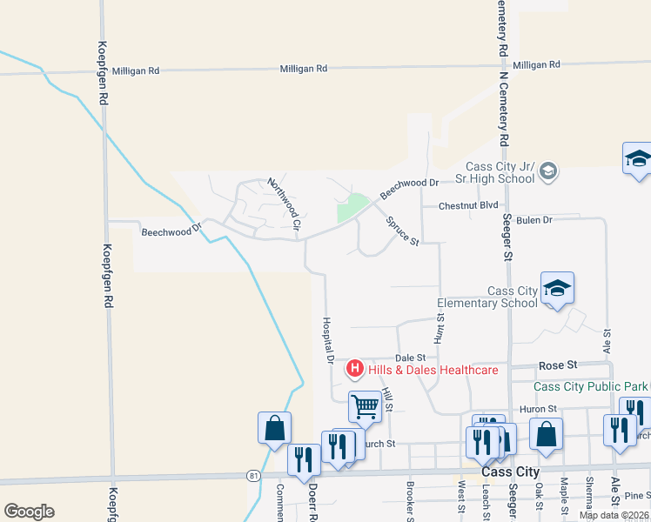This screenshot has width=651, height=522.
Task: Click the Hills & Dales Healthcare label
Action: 433,370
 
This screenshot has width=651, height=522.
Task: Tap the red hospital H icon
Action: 355,370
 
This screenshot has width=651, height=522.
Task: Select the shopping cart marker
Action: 365,405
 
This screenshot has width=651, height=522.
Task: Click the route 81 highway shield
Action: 252,475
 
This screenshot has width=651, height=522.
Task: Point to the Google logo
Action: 29,512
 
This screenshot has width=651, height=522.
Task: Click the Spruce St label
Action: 403,231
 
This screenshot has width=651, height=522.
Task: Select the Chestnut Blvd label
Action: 468,206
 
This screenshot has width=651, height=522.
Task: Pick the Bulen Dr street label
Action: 534,220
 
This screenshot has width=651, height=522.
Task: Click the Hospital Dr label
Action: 329,339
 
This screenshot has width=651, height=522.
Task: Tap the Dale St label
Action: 410,358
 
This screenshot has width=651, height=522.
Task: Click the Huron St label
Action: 537,408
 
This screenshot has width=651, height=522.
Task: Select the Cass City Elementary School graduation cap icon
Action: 557,289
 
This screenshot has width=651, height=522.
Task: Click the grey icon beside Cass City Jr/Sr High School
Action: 548,171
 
